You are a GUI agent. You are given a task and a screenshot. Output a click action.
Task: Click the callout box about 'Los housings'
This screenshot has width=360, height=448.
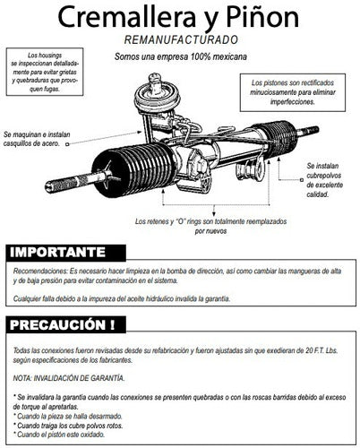(53, 71)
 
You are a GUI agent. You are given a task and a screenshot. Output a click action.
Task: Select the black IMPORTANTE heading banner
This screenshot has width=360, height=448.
(67, 252)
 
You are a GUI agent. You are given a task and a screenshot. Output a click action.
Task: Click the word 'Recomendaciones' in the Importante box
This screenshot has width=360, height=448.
(40, 270)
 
